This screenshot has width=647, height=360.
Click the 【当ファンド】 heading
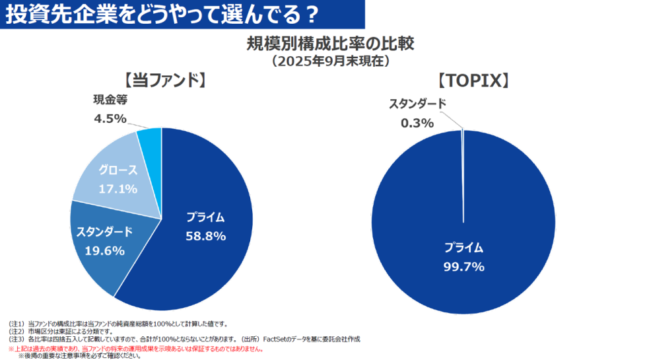[x=162, y=80]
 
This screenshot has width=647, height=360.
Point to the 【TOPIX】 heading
[x=473, y=80]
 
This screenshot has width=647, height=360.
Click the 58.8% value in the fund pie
[x=205, y=236]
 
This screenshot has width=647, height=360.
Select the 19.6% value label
[x=104, y=250]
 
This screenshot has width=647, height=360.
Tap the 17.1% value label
[x=118, y=189]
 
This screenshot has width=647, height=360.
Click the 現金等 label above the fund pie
[x=110, y=100]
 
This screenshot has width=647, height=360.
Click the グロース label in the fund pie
[x=118, y=170]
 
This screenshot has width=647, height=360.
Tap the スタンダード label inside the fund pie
[x=104, y=232]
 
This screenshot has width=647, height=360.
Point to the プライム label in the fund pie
[x=205, y=217]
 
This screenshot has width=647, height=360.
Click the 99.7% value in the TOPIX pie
[x=463, y=267]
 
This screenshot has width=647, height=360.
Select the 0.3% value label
[x=417, y=122]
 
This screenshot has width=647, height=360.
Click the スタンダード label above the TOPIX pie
[x=417, y=104]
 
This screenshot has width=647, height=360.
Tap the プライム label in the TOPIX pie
[x=463, y=248]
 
